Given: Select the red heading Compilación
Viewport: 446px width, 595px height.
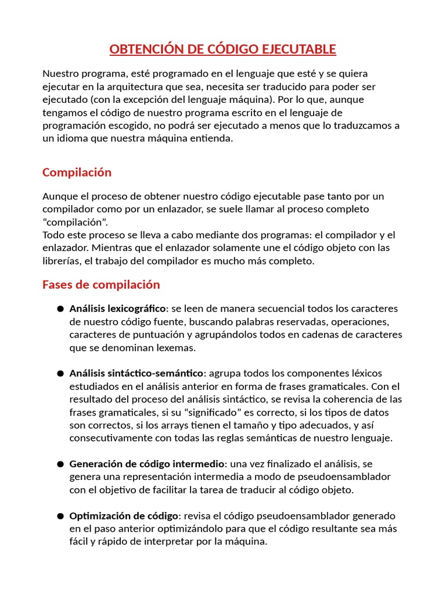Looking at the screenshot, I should point(77,173).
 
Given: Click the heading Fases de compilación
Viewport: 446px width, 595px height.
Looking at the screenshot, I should point(100,285).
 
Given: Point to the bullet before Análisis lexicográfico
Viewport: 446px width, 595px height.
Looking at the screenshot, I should point(60,309).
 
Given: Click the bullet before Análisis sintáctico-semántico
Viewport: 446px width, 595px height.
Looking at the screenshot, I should point(60,374).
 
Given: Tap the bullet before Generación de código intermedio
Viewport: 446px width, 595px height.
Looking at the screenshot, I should point(60,464).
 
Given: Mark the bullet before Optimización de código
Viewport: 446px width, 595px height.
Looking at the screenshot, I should point(60,517).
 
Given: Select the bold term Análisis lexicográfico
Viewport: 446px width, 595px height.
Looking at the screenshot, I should point(117,309).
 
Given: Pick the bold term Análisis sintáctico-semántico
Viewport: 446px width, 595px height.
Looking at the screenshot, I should point(136,373).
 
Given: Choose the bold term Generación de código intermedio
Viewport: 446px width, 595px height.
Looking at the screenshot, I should point(146,464).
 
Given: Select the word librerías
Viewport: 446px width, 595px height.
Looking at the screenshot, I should point(60,261).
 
